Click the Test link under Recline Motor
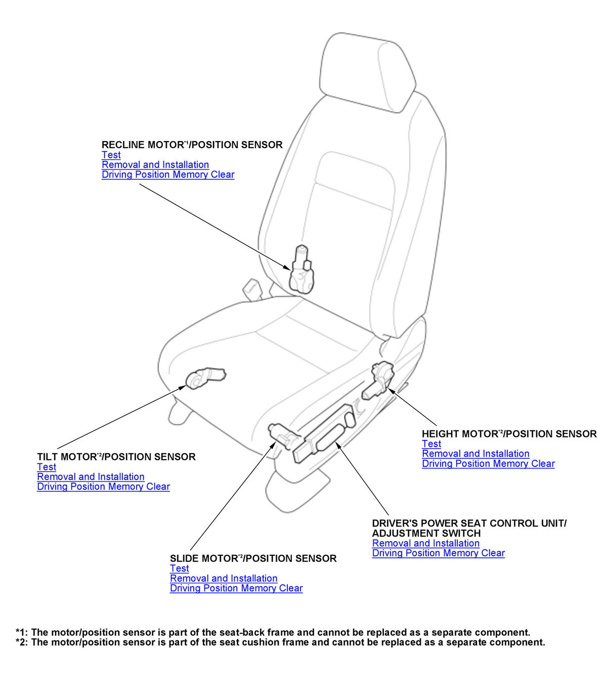[x=111, y=155]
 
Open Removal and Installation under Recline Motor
[x=155, y=165]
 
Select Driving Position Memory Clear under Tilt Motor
[x=103, y=487]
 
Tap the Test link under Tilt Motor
[x=47, y=467]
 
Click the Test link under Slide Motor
[x=180, y=569]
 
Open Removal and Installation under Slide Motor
[x=224, y=578]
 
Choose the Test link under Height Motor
[x=431, y=444]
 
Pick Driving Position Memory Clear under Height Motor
[x=488, y=464]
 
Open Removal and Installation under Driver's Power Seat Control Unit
[x=426, y=543]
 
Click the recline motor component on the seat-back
[x=302, y=271]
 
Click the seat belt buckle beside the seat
[x=252, y=288]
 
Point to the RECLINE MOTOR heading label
[x=192, y=145]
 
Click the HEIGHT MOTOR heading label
[x=509, y=434]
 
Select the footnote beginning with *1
[x=273, y=632]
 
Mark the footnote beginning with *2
[x=280, y=642]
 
